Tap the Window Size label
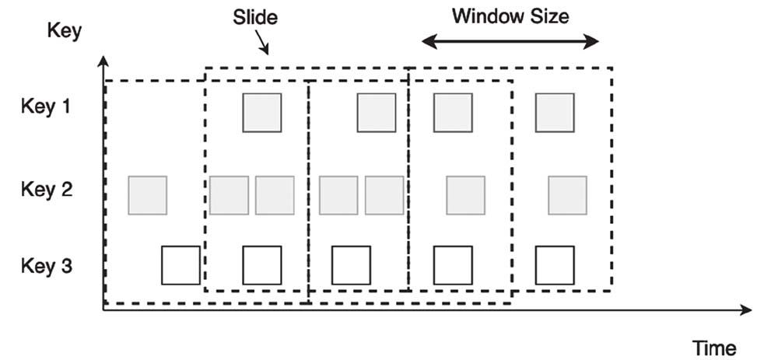pyautogui.click(x=510, y=16)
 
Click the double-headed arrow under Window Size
pyautogui.click(x=510, y=41)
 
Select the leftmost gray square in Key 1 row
pyautogui.click(x=261, y=113)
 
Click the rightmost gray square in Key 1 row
pyautogui.click(x=555, y=113)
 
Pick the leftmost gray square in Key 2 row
pyautogui.click(x=147, y=195)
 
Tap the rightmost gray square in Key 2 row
pyautogui.click(x=567, y=195)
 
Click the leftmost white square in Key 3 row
pyautogui.click(x=180, y=265)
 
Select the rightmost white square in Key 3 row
pyautogui.click(x=555, y=265)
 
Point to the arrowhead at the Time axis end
pyautogui.click(x=747, y=310)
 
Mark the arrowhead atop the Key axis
pyautogui.click(x=103, y=59)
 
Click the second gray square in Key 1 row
pyautogui.click(x=377, y=113)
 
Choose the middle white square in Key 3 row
pyautogui.click(x=351, y=265)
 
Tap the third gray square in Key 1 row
pyautogui.click(x=453, y=113)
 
